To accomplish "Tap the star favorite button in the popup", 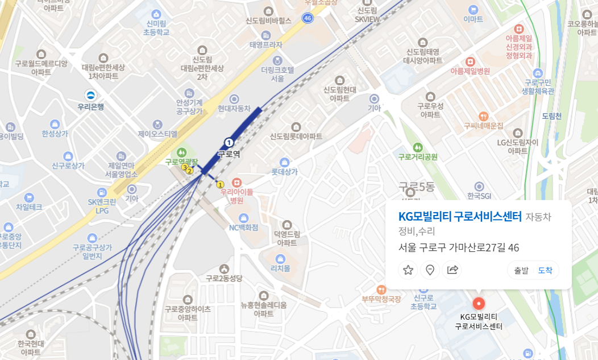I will point(408,270).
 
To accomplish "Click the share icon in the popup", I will point(452,270).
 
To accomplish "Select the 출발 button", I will point(521,271).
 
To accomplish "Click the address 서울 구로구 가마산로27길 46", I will point(459,247).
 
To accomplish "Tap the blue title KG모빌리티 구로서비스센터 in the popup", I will point(460,217).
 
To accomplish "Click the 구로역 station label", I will point(229,154).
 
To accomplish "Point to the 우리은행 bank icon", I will point(90,95).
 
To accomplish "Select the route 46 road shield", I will point(308,18).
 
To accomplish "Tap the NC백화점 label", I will point(243,227).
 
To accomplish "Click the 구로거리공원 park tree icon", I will point(418,147).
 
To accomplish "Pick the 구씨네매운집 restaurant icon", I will point(484,116).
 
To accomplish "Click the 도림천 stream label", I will point(551,116).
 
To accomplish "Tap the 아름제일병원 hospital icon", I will point(470,61).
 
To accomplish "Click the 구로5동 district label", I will point(417,186).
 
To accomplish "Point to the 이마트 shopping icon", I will point(473,10).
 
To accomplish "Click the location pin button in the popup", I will point(430,270).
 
